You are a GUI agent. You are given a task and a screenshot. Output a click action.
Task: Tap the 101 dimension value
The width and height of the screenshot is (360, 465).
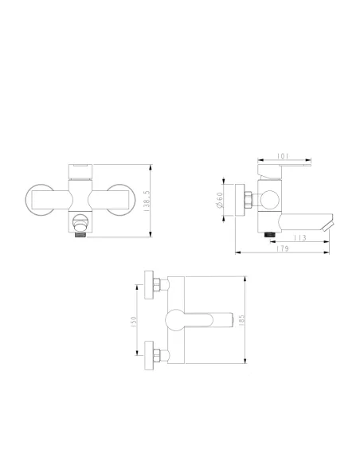pyautogui.click(x=283, y=157)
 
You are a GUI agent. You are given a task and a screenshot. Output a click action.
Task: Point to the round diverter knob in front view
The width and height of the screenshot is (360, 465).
pyautogui.click(x=79, y=221)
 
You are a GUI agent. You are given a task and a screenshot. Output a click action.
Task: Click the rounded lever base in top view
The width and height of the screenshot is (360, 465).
pyautogui.click(x=177, y=320)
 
